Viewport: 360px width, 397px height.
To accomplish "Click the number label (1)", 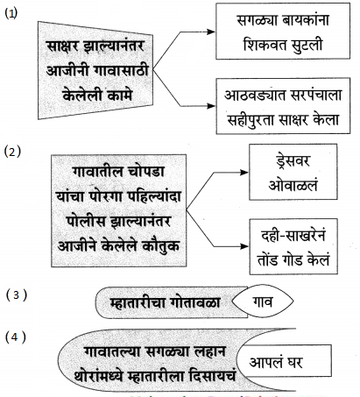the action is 11,13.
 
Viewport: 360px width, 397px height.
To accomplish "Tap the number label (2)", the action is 12,152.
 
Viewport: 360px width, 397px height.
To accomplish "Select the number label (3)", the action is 17,294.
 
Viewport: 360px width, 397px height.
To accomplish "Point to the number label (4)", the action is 16,337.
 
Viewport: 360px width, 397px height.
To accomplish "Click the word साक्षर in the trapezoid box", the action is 62,46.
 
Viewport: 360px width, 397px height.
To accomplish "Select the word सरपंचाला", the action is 313,96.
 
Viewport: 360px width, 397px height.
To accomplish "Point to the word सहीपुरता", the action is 251,120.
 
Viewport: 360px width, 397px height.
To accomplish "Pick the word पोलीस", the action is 85,221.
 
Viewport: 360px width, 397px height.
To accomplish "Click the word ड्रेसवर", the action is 293,161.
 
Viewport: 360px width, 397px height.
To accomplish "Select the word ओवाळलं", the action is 293,186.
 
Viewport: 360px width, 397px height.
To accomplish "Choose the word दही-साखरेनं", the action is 293,235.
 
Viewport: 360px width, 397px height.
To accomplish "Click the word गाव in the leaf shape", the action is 262,302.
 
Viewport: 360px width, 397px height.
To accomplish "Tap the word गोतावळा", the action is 195,302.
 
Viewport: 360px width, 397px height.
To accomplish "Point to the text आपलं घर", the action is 276,362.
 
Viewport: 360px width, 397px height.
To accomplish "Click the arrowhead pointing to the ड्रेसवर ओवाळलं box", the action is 244,173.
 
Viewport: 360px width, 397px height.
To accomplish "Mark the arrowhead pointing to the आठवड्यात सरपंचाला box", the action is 211,106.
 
